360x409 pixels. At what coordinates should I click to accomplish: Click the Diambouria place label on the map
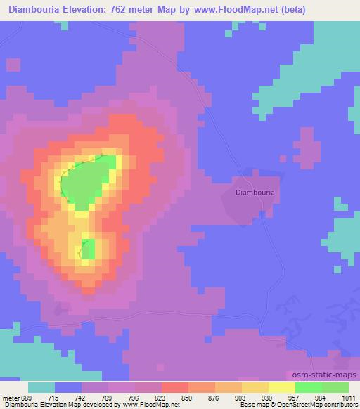(255, 191)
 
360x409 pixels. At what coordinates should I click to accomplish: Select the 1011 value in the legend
(348, 397)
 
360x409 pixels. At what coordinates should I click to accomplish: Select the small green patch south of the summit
(88, 249)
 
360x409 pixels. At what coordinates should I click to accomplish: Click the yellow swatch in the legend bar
(281, 387)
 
